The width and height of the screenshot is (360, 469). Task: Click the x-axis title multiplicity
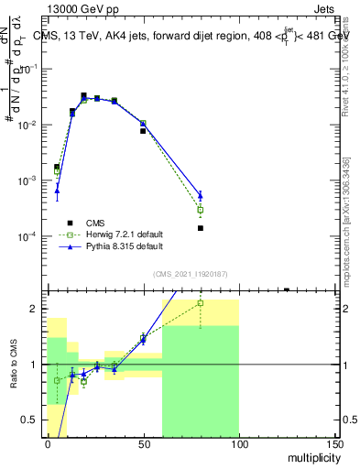click(x=311, y=455)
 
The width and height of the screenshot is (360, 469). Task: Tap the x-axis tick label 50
click(x=143, y=444)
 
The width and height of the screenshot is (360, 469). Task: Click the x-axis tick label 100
click(x=238, y=444)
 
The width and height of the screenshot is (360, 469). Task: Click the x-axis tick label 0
click(x=48, y=444)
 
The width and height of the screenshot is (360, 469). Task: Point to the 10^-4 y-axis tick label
click(x=31, y=236)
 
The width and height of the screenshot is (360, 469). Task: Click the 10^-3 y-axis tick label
click(x=31, y=180)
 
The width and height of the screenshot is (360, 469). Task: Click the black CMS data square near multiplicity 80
click(x=200, y=228)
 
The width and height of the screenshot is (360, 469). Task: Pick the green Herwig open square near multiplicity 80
click(x=200, y=210)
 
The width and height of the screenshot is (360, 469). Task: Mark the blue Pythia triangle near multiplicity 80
click(x=200, y=194)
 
